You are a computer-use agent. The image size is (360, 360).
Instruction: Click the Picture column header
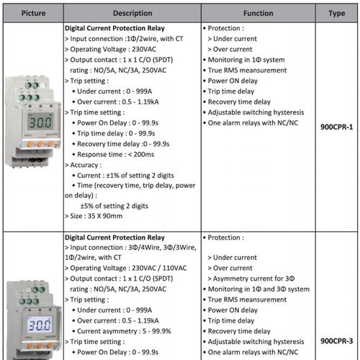click(30, 12)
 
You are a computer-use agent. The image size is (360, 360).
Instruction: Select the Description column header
click(132, 12)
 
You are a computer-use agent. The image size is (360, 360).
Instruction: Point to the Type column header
click(336, 12)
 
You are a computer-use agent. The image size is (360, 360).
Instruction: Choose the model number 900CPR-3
click(336, 341)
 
